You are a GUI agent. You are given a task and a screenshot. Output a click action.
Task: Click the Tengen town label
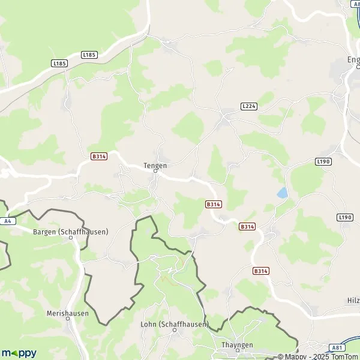pyautogui.click(x=155, y=165)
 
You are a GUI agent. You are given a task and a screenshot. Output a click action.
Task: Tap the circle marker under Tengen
pyautogui.click(x=155, y=171)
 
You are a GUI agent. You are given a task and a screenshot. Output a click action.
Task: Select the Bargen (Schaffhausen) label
pyautogui.click(x=70, y=231)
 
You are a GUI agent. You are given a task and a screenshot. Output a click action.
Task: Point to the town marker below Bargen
pyautogui.click(x=70, y=238)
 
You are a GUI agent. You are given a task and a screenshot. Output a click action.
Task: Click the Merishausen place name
pyautogui.click(x=67, y=313)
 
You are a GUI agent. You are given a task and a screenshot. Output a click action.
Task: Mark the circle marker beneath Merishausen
pyautogui.click(x=67, y=319)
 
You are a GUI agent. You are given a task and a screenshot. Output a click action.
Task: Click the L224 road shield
pyautogui.click(x=248, y=106)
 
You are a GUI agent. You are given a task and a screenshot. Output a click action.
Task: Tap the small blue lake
pyautogui.click(x=281, y=193)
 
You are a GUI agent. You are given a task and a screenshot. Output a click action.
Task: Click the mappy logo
pyautogui.click(x=19, y=353)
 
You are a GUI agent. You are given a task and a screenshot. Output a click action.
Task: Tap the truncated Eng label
pyautogui.click(x=353, y=59)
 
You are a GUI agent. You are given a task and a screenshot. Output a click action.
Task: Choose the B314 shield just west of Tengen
pyautogui.click(x=99, y=156)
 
